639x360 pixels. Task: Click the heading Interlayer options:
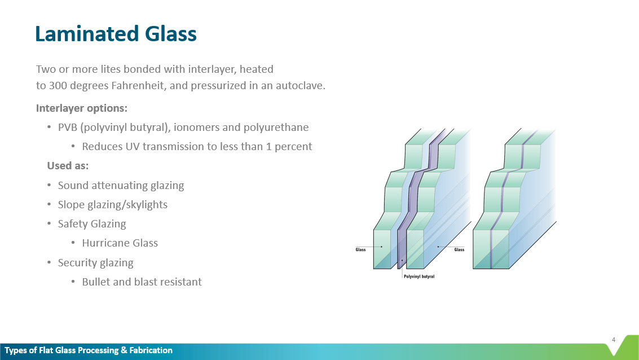73,108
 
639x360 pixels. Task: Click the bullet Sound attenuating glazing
121,185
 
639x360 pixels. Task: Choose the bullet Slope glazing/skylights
112,204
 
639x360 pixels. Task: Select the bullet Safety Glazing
91,224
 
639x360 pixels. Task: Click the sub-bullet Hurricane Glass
120,243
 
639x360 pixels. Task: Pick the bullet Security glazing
95,262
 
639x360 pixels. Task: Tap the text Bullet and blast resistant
142,282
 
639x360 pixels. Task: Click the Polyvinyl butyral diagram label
419,276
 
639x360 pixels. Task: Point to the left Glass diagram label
360,249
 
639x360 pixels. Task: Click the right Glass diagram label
459,249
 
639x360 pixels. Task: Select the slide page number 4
613,339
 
